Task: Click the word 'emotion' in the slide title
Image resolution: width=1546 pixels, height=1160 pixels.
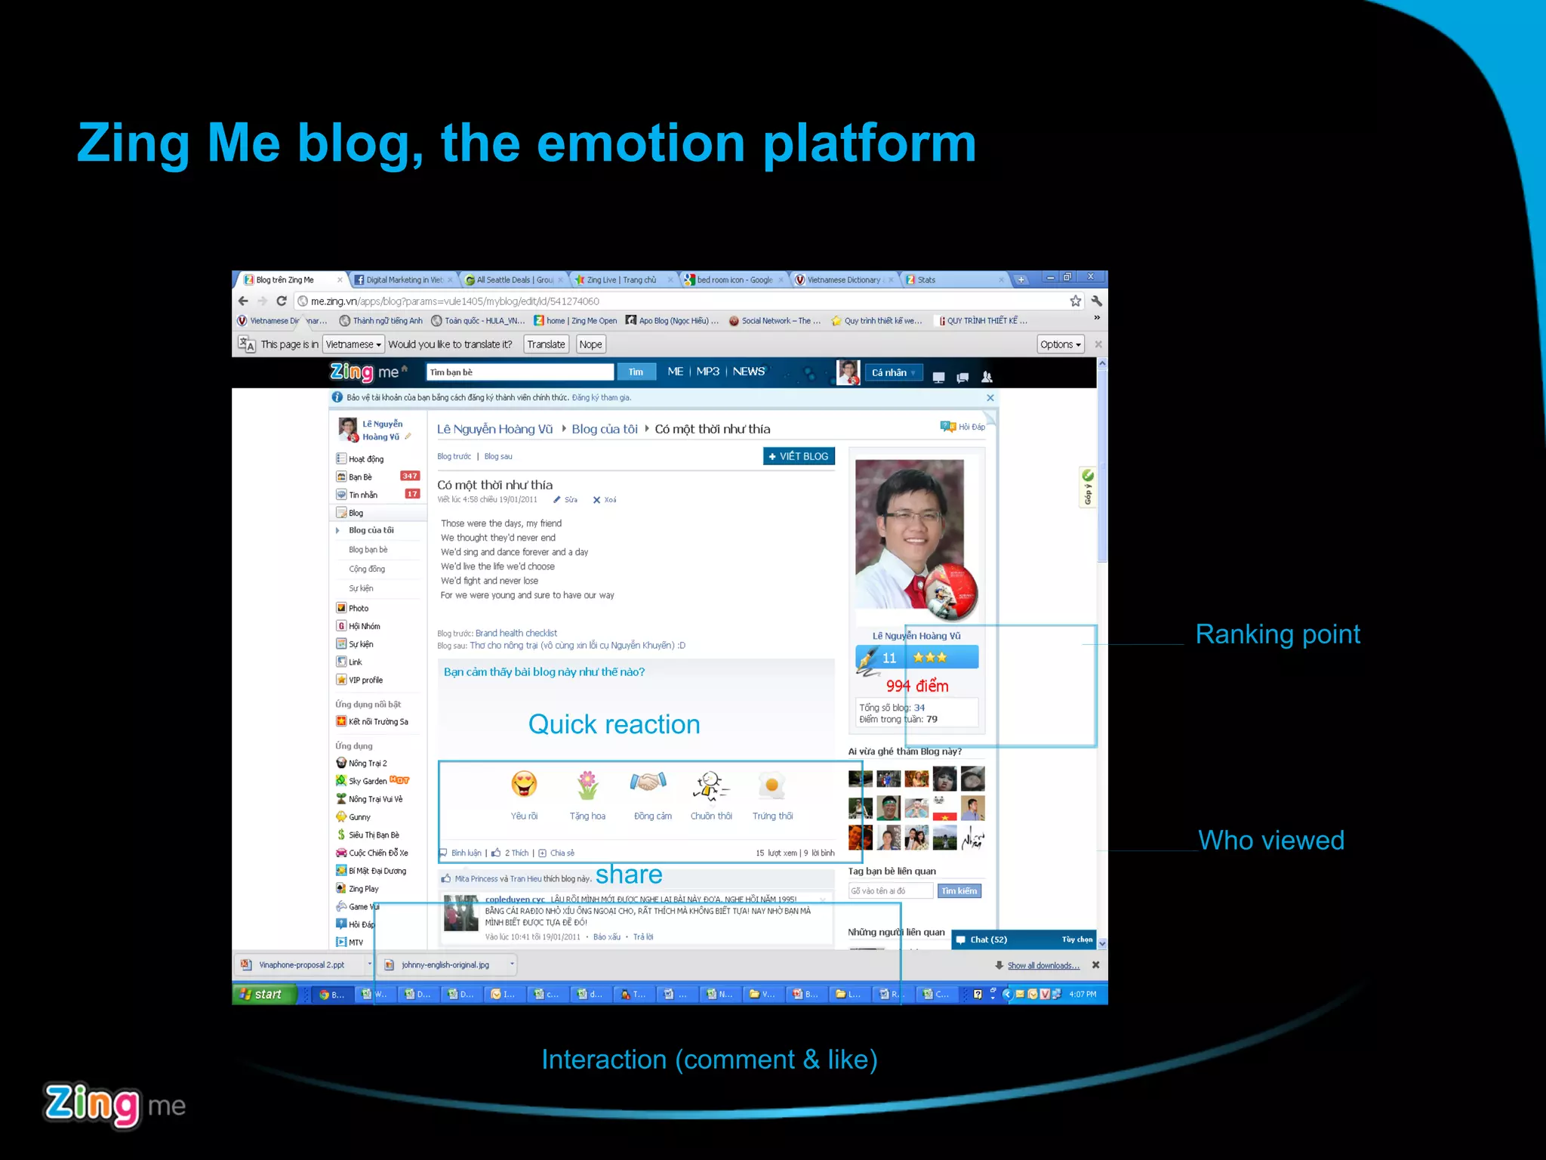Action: coord(641,143)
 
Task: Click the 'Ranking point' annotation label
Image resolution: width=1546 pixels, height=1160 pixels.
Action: coord(1277,634)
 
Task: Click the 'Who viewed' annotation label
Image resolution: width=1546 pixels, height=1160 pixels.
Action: coord(1271,840)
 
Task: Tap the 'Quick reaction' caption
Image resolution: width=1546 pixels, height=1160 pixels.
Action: coord(614,724)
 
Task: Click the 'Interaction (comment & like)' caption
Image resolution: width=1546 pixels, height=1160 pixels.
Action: coord(709,1060)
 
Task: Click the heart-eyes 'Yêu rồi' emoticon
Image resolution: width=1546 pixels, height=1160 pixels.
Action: coord(524,785)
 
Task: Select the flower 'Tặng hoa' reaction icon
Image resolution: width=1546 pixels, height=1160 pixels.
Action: coord(587,785)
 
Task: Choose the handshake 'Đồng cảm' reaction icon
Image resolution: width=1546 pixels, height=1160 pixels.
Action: coord(648,783)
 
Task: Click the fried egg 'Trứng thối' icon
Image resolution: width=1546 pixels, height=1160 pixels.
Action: coord(772,785)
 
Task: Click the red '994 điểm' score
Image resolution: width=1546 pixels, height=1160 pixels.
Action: coord(916,686)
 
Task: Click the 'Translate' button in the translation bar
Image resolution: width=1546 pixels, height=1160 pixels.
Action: coord(546,344)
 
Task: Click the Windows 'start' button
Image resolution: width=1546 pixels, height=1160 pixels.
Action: coord(262,994)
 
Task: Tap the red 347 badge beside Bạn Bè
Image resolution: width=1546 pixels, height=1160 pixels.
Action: coord(410,476)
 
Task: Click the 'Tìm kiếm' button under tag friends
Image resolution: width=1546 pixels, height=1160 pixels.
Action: coord(959,891)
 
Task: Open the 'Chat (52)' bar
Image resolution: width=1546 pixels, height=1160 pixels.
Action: coord(988,939)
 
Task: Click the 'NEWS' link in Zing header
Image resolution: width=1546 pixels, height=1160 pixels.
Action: coord(748,372)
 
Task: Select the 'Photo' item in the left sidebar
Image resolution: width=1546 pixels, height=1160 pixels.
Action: coord(359,608)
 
